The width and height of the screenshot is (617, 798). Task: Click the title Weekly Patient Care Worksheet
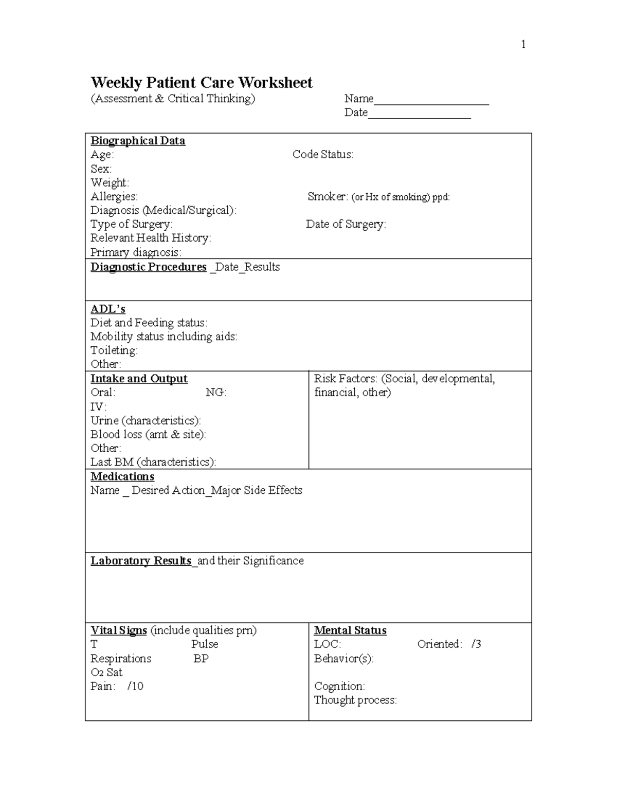pyautogui.click(x=201, y=83)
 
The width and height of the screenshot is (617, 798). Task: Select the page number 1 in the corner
pyautogui.click(x=523, y=45)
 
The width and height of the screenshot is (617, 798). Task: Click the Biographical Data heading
pyautogui.click(x=138, y=141)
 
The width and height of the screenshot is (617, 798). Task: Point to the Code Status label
pyautogui.click(x=323, y=155)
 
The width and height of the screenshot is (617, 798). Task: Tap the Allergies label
pyautogui.click(x=114, y=196)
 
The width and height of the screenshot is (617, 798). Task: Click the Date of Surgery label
pyautogui.click(x=346, y=224)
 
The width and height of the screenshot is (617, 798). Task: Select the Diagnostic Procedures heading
pyautogui.click(x=149, y=267)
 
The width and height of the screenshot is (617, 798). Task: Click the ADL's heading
pyautogui.click(x=108, y=309)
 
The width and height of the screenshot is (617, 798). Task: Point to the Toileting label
pyautogui.click(x=114, y=350)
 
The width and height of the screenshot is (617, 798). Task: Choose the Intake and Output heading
pyautogui.click(x=139, y=379)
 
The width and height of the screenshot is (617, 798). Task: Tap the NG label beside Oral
pyautogui.click(x=216, y=393)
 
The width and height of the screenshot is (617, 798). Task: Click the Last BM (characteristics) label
pyautogui.click(x=153, y=462)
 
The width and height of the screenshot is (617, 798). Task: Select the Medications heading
pyautogui.click(x=122, y=476)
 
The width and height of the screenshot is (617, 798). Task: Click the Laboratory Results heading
pyautogui.click(x=141, y=561)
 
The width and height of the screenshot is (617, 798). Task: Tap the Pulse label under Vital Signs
pyautogui.click(x=205, y=644)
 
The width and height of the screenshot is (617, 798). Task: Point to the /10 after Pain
pyautogui.click(x=135, y=686)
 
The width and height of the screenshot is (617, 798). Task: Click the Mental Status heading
pyautogui.click(x=350, y=630)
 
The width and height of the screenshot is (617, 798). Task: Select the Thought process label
pyautogui.click(x=355, y=700)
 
